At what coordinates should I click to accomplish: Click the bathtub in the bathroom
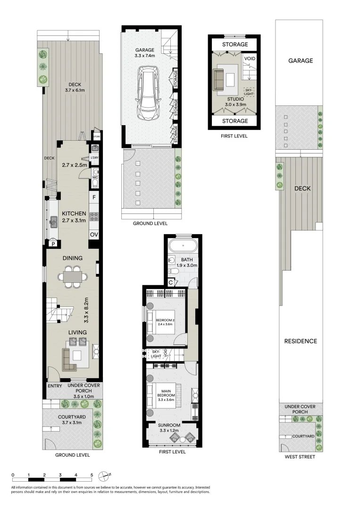[x=183, y=246]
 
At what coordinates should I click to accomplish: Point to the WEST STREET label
[x=300, y=457]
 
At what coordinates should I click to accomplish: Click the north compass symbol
[x=105, y=475]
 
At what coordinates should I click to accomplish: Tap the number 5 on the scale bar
[x=92, y=475]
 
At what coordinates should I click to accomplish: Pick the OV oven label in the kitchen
[x=94, y=234]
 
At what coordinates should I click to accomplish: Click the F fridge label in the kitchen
[x=94, y=197]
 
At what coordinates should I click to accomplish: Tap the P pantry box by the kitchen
[x=53, y=244]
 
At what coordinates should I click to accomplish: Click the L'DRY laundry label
[x=95, y=159]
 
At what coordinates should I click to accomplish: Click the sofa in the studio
[x=218, y=79]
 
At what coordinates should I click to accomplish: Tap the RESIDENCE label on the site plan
[x=300, y=341]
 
